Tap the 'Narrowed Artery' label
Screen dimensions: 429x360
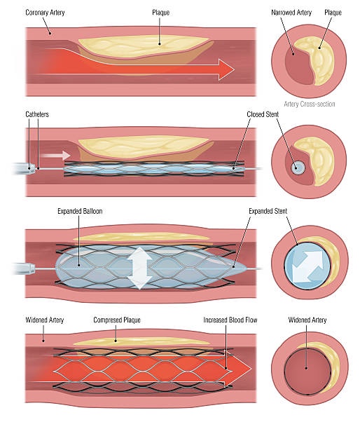[x=293, y=13]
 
